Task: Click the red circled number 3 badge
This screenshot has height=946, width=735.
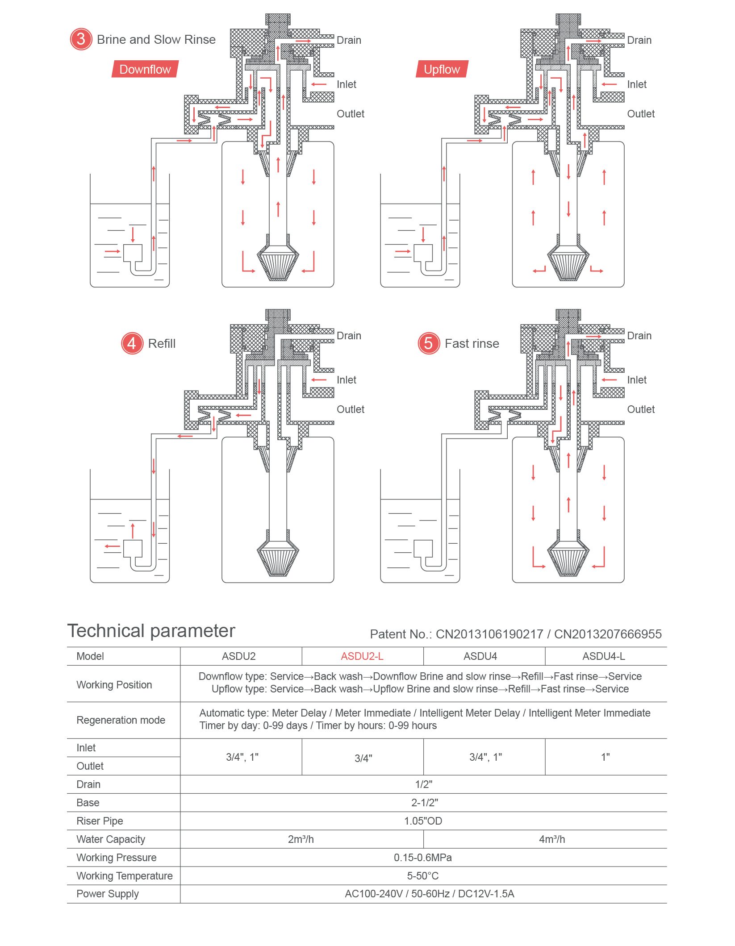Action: click(81, 39)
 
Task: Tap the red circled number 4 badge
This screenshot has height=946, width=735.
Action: click(132, 343)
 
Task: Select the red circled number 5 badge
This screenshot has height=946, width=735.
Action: click(429, 343)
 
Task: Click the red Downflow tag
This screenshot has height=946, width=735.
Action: click(145, 69)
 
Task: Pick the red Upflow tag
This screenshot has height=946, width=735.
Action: click(442, 69)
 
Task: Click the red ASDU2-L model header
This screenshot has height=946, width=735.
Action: click(362, 656)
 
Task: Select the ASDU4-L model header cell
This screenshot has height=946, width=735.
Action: click(604, 656)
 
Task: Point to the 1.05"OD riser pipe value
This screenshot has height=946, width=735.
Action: click(423, 821)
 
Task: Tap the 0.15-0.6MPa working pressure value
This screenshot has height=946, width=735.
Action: click(423, 858)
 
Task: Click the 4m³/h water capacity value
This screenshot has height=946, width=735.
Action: click(552, 839)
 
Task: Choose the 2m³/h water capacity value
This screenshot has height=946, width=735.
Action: click(301, 839)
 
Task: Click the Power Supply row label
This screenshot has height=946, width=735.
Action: click(108, 894)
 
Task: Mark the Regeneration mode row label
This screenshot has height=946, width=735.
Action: click(121, 720)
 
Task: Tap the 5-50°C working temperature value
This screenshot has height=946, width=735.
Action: click(423, 876)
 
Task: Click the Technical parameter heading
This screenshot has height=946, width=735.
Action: click(151, 631)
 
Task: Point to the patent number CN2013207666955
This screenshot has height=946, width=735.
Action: click(608, 634)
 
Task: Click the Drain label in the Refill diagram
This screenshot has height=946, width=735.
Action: click(349, 336)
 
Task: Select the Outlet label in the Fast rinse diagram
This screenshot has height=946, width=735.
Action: click(641, 409)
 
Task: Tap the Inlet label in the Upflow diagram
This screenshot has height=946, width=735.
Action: click(637, 84)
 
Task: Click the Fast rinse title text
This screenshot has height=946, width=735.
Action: click(472, 343)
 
